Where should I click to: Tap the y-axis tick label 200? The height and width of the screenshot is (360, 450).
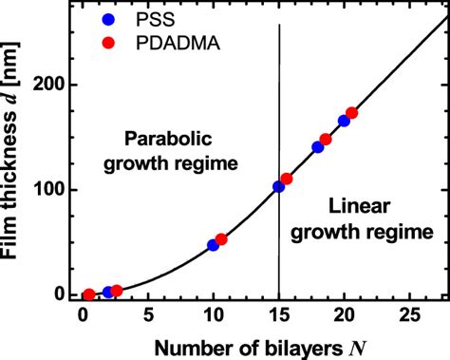(56, 85)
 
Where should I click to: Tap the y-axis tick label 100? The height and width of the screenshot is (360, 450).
(56, 189)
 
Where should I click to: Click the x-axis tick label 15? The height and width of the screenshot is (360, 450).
(278, 314)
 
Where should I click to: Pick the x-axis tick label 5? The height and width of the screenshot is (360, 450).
(148, 314)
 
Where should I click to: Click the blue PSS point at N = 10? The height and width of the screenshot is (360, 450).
(213, 245)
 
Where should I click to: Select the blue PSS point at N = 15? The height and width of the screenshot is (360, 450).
(278, 187)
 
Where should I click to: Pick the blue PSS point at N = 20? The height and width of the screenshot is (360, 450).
(344, 121)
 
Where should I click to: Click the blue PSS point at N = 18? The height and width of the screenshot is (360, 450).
(318, 147)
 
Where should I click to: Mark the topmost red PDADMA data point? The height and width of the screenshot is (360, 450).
(351, 113)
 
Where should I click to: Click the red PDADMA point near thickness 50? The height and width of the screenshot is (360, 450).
(221, 239)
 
